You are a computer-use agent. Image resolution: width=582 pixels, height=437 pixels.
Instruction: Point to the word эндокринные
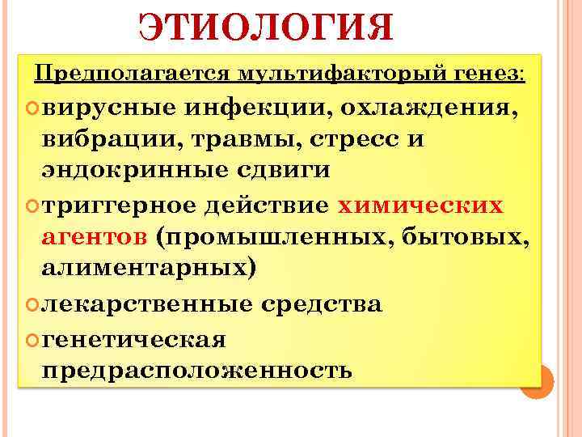click(123, 172)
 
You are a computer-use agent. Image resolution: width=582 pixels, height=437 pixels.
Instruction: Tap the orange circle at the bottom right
click(535, 381)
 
